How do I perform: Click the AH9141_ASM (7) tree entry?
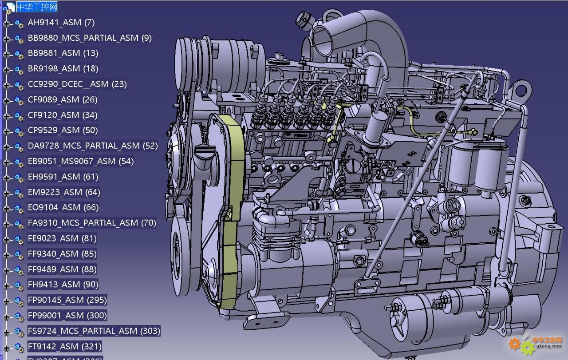pyautogui.click(x=61, y=23)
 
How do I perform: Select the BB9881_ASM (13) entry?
pyautogui.click(x=63, y=53)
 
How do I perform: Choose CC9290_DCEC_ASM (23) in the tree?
pyautogui.click(x=77, y=84)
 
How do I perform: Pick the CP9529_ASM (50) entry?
pyautogui.click(x=63, y=131)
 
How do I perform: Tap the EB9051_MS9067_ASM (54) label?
pyautogui.click(x=81, y=161)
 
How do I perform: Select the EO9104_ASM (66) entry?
pyautogui.click(x=63, y=208)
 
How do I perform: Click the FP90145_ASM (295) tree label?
pyautogui.click(x=67, y=300)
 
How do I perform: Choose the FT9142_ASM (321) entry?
pyautogui.click(x=65, y=347)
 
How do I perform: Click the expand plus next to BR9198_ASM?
pyautogui.click(x=7, y=70)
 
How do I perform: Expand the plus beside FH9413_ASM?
pyautogui.click(x=7, y=286)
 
